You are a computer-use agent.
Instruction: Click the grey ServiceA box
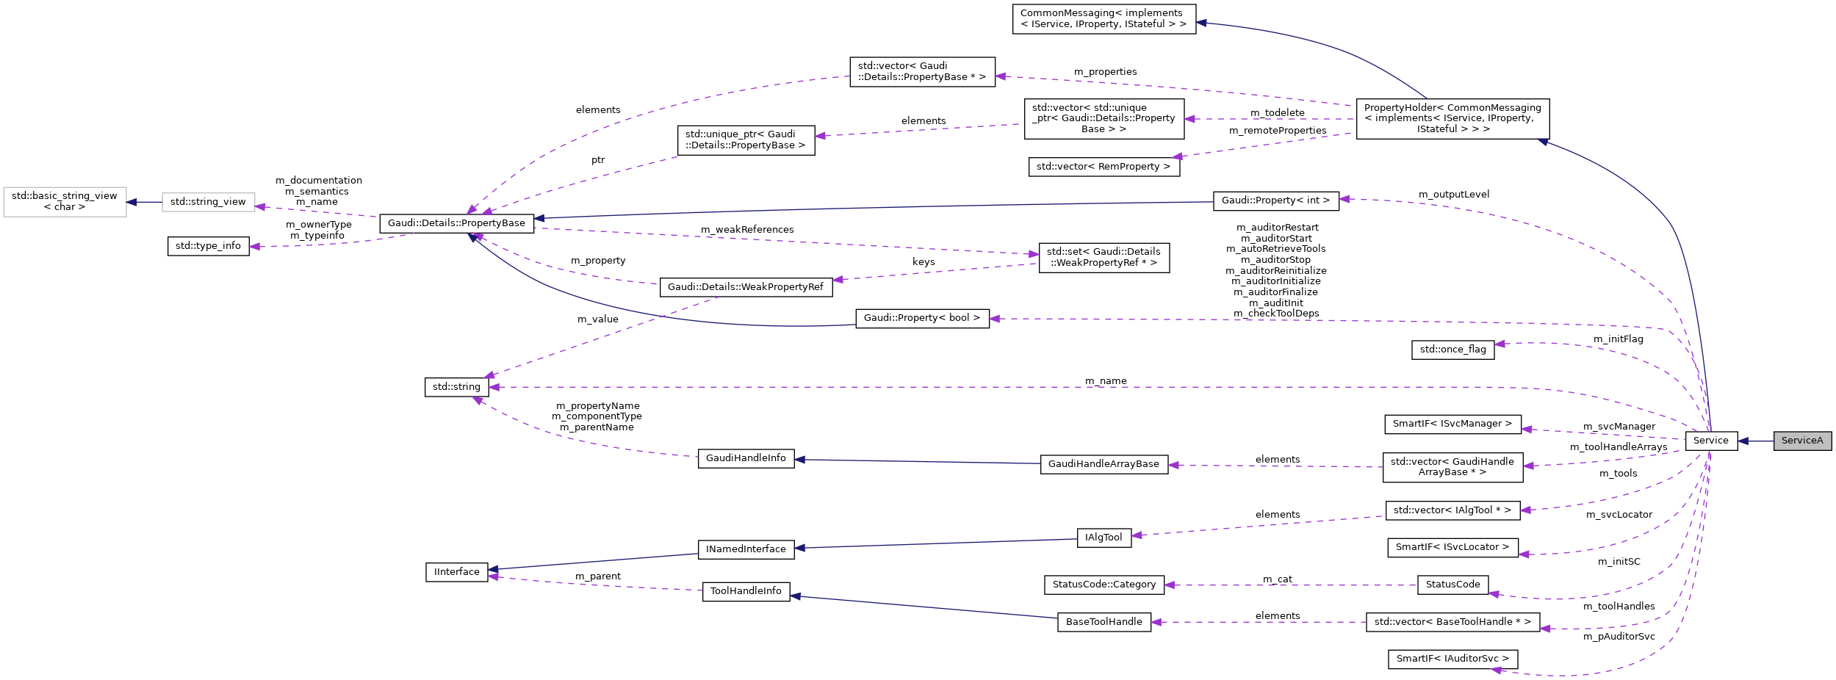tap(1801, 441)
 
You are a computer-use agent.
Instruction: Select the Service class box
tap(1710, 441)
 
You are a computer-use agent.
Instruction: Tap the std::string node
tap(456, 387)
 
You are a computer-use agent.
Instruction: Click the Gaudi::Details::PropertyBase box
tap(456, 223)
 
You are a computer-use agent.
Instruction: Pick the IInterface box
tap(456, 572)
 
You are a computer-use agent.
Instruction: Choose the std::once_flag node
tap(1452, 350)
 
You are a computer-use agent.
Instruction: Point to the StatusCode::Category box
tap(1104, 585)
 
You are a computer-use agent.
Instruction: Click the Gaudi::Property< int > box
tap(1275, 200)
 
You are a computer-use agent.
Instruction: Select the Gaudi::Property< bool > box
tap(921, 318)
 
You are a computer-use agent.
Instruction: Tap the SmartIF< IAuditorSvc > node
tap(1452, 659)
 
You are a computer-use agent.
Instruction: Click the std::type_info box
tap(208, 246)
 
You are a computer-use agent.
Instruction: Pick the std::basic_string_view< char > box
tap(64, 201)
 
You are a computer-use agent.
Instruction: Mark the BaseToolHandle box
tap(1104, 622)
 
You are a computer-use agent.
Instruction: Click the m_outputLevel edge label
tap(1453, 195)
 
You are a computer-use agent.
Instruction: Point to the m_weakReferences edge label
tap(746, 230)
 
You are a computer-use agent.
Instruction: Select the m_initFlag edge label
tap(1618, 339)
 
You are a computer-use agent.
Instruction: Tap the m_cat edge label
tap(1277, 579)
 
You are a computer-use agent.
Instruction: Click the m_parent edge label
tap(597, 576)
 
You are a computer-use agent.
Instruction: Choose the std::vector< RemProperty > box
tap(1104, 167)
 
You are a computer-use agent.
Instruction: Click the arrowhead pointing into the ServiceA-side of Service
tap(1743, 441)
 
